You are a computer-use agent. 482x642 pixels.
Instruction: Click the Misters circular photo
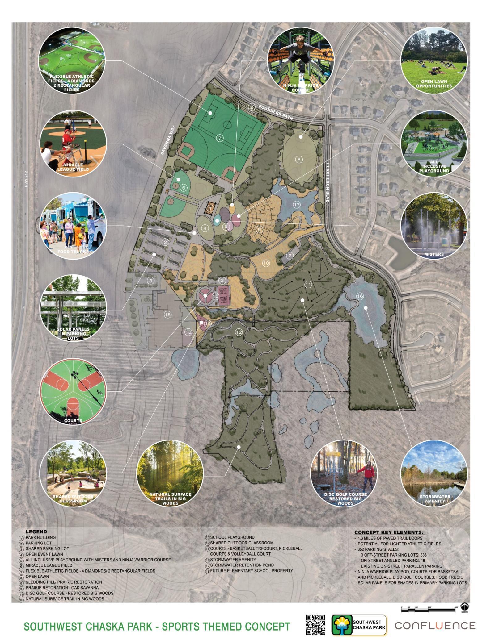pyautogui.click(x=434, y=226)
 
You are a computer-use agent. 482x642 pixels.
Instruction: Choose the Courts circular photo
pyautogui.click(x=73, y=391)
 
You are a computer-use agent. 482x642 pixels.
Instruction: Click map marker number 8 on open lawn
pyautogui.click(x=299, y=160)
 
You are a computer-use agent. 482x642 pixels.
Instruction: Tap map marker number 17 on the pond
pyautogui.click(x=297, y=205)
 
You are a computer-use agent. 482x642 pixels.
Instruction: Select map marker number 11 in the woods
pyautogui.click(x=308, y=284)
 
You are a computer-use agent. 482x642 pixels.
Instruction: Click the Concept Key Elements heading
pyautogui.click(x=389, y=532)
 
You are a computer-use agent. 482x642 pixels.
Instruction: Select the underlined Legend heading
pyautogui.click(x=36, y=532)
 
